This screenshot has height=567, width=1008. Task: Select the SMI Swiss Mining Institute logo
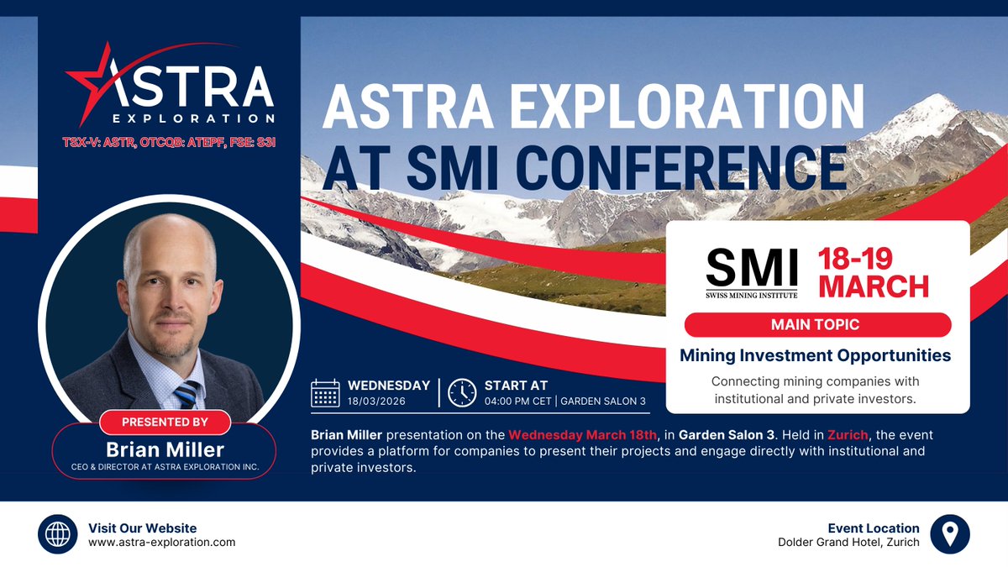coord(751,270)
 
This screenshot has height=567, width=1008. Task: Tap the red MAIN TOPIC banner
coord(817,324)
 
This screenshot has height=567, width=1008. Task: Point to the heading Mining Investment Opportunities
coord(815,355)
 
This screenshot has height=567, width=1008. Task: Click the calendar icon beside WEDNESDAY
coord(325,392)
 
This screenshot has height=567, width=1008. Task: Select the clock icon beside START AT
coord(461,392)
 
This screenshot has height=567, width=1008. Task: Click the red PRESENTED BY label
coord(165,421)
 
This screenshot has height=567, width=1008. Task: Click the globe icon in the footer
coord(58,534)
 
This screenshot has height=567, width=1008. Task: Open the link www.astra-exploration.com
coord(161,543)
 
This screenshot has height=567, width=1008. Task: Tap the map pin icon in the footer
coord(950,534)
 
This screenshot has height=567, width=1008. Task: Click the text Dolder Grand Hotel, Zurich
coord(848,543)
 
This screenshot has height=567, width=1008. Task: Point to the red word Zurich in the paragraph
coord(844,435)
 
